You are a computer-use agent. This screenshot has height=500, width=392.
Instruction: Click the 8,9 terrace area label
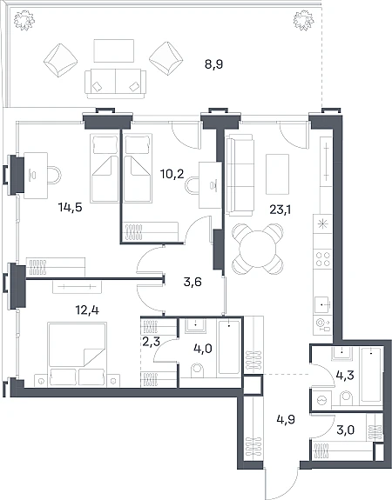(213, 65)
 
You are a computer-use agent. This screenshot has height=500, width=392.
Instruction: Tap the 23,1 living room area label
(280, 210)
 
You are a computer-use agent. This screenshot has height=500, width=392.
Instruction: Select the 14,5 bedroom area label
(71, 208)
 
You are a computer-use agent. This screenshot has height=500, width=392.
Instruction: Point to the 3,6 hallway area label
(193, 283)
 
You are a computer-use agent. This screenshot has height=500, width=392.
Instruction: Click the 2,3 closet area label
(150, 342)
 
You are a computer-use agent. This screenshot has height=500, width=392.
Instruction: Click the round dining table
(258, 250)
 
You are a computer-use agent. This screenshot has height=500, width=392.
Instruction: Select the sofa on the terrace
(115, 83)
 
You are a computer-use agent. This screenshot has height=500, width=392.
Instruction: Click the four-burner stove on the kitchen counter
(322, 259)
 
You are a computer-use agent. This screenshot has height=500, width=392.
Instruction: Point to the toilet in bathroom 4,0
(198, 370)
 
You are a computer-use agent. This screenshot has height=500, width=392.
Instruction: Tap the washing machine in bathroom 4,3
(321, 398)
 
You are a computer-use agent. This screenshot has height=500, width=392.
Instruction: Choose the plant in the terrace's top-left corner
(24, 20)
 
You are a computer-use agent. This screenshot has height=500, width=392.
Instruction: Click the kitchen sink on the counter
(322, 305)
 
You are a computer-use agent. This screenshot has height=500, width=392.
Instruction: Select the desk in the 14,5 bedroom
(36, 176)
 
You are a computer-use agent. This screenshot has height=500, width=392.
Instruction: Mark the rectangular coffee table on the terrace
(114, 50)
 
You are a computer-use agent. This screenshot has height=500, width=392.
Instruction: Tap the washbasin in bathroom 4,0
(195, 326)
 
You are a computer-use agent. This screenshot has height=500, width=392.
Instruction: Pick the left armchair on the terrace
(60, 60)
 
